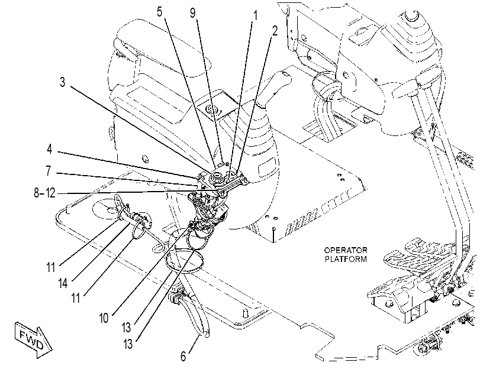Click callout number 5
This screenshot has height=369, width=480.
(x=159, y=12)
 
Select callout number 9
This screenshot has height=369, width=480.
(x=192, y=13)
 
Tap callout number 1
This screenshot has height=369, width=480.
(x=255, y=15)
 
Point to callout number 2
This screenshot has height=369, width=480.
(x=275, y=31)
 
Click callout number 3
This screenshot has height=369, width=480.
(x=63, y=82)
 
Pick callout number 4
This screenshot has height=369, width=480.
(x=49, y=149)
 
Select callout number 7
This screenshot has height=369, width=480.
(x=49, y=171)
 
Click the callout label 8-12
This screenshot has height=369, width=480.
(x=45, y=193)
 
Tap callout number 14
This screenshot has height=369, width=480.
(x=63, y=283)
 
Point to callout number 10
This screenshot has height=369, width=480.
(x=104, y=318)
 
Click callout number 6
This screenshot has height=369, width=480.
(x=183, y=357)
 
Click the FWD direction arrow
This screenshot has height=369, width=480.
(x=33, y=339)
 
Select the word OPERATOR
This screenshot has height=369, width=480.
(x=346, y=250)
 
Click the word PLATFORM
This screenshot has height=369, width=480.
(x=346, y=259)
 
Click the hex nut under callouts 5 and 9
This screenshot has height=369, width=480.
(x=218, y=177)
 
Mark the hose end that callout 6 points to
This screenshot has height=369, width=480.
(x=207, y=334)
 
